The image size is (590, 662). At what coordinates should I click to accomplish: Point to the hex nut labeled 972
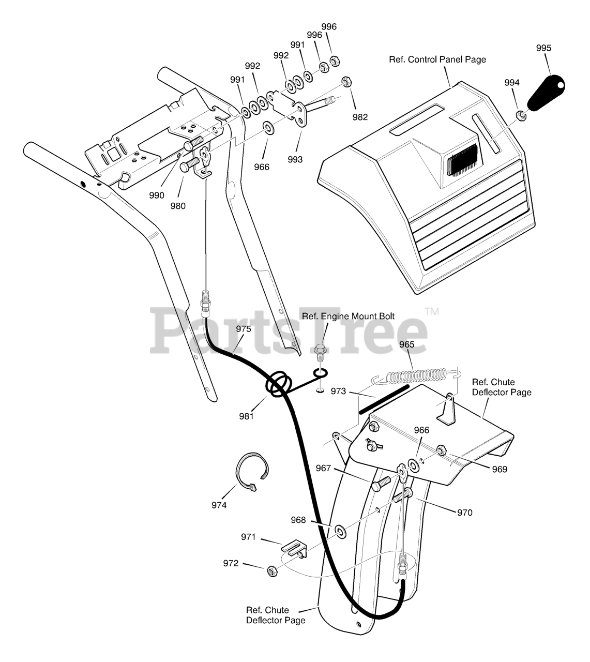[270, 571]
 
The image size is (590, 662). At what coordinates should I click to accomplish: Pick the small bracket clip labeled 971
[294, 549]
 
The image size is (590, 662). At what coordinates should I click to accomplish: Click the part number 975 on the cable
[244, 329]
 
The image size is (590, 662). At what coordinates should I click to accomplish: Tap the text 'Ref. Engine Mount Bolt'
[349, 316]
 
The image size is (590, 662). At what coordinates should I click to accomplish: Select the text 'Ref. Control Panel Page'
[437, 59]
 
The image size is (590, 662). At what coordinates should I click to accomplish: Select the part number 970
[465, 513]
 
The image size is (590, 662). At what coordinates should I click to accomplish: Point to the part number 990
[156, 195]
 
